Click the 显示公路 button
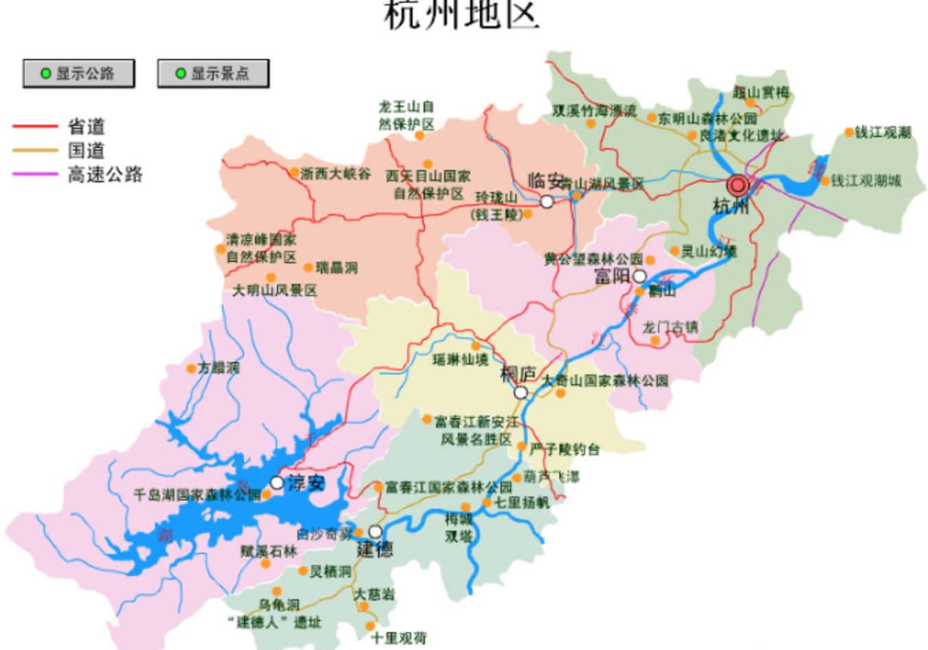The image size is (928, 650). click(78, 73)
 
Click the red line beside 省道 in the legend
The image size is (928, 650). click(35, 126)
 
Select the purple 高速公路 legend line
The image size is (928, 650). click(35, 174)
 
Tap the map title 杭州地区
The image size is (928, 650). click(462, 15)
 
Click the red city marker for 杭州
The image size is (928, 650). click(738, 185)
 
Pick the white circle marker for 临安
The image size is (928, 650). click(547, 202)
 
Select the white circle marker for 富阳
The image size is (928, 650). click(639, 276)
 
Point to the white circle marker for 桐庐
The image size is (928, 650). click(521, 393)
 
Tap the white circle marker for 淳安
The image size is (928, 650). click(277, 483)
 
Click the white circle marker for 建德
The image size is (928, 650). click(375, 531)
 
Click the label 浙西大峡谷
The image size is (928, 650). click(336, 173)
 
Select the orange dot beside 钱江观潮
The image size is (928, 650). click(848, 132)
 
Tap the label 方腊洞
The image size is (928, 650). click(219, 368)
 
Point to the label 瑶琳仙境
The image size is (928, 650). click(461, 359)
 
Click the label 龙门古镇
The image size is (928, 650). click(670, 327)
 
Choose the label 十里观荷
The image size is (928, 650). click(399, 638)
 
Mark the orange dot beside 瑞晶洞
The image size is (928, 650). click(308, 267)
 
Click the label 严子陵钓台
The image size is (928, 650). click(565, 449)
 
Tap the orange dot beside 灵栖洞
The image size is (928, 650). click(303, 571)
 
